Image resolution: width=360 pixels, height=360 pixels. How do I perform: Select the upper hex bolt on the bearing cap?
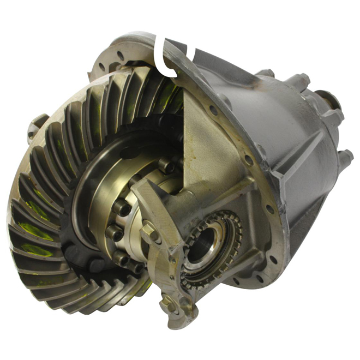coord(148,234)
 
